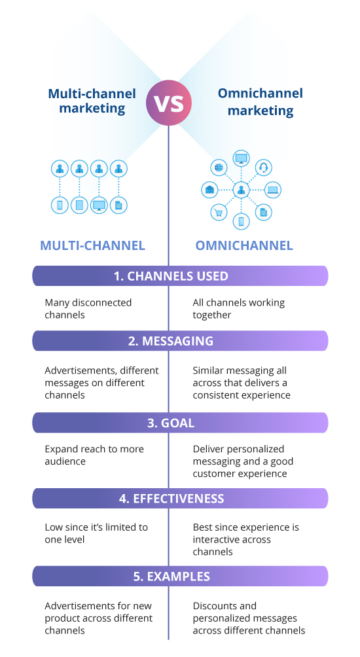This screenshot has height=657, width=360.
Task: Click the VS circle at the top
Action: pos(169,103)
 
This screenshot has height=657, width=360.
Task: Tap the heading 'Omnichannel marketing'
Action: pos(261,102)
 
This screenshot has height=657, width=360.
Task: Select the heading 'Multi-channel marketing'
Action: pos(92,101)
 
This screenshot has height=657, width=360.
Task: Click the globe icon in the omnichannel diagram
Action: pos(219,168)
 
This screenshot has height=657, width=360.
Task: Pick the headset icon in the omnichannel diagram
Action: pos(264,168)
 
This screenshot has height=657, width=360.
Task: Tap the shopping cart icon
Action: pos(219,212)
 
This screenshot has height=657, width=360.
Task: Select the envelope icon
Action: pos(209,190)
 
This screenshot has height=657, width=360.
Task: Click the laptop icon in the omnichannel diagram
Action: pos(272,190)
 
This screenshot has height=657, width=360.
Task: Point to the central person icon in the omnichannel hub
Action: pos(241,190)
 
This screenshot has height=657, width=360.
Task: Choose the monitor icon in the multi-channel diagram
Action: pos(99,205)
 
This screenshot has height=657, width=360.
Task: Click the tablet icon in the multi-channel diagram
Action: pos(79,205)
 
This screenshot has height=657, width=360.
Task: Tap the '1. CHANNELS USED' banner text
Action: pos(171,276)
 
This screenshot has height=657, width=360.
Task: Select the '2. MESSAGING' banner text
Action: pos(171,341)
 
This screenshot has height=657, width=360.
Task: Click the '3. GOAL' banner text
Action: pos(171,423)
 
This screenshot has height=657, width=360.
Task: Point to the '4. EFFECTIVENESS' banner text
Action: pos(171,499)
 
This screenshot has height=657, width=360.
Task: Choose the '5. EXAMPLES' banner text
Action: pos(171,577)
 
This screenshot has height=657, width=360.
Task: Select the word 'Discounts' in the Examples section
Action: pos(225,606)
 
